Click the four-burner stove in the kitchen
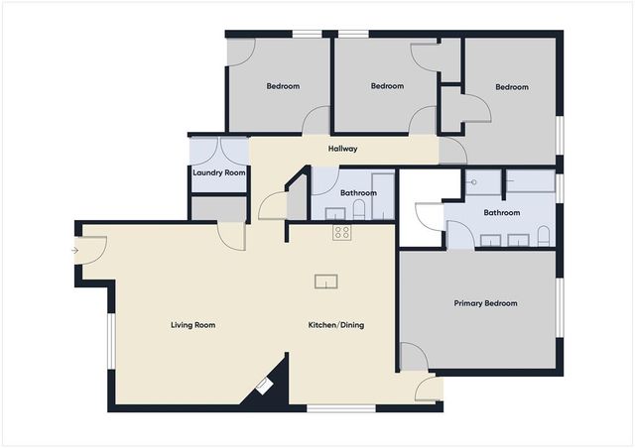tap(341, 233)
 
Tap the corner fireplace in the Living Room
tap(264, 386)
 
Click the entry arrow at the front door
tap(75, 251)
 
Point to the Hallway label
tap(342, 150)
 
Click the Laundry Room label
tap(217, 173)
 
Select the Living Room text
tap(192, 325)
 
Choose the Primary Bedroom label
tap(485, 303)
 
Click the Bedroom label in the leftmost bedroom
tap(283, 86)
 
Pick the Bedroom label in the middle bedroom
tap(387, 86)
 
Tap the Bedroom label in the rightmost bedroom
tap(512, 87)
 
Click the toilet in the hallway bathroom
tap(360, 209)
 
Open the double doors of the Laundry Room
tap(218, 149)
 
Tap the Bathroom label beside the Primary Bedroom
tap(501, 212)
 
